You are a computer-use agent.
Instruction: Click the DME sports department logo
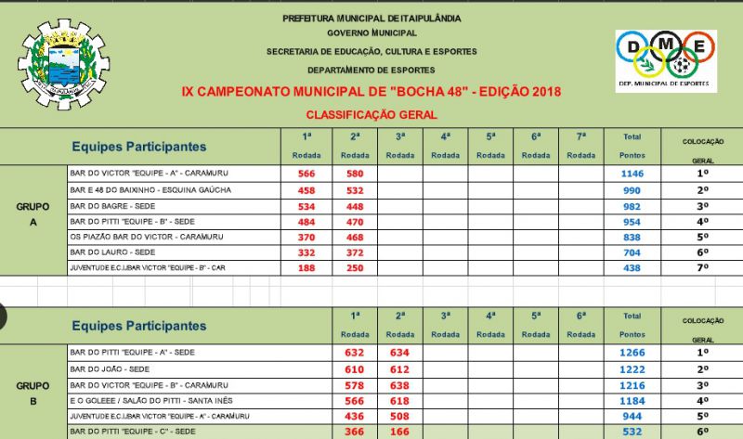tap(665, 60)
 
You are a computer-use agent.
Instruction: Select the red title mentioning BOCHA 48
tap(371, 93)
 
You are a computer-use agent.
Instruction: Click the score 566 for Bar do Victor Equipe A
tap(306, 174)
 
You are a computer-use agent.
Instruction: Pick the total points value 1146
tap(632, 174)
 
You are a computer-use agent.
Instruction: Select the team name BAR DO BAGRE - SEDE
tap(112, 205)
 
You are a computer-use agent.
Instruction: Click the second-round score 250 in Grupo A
tap(354, 268)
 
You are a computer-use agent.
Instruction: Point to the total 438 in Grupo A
tap(632, 268)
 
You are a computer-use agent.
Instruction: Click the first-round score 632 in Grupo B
tap(354, 353)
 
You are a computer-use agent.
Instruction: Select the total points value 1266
tap(632, 353)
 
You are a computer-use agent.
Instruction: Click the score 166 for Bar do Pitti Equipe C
tap(399, 432)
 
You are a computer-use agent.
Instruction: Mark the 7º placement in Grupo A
tap(702, 268)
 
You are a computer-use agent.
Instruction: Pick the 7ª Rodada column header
tap(580, 145)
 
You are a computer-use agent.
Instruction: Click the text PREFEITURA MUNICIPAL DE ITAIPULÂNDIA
tap(371, 18)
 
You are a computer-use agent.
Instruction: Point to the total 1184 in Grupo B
tap(632, 400)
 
